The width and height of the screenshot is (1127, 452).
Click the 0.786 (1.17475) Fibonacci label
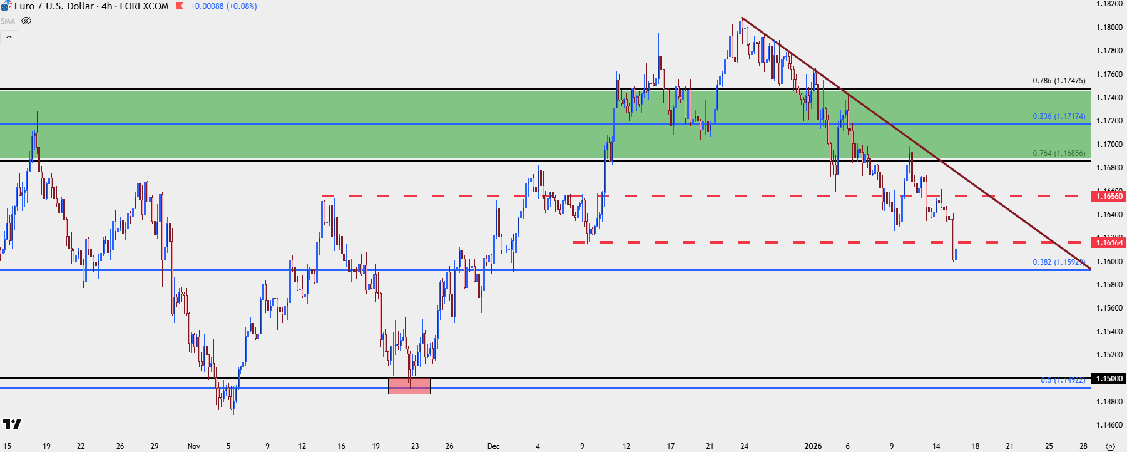coord(1059,81)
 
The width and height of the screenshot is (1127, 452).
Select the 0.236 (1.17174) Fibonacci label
coord(1059,116)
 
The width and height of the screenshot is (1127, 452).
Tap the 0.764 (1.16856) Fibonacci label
coord(1059,153)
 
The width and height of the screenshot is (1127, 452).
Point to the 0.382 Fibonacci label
coord(1059,262)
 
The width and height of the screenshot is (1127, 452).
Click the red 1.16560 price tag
coord(1109,197)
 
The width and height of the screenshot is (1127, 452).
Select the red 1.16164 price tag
coord(1109,243)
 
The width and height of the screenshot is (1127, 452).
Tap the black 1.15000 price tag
coord(1109,379)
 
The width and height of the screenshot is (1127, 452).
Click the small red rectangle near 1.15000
coord(409,386)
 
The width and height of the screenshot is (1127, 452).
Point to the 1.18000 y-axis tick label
coord(1109,28)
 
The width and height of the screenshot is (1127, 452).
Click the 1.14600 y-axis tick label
coord(1109,425)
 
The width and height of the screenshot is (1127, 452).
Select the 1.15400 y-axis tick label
coord(1109,332)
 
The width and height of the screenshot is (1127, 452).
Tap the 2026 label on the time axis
coord(813,446)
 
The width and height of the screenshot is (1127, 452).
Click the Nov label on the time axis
coord(194,446)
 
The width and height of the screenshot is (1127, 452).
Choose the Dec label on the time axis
coord(494,446)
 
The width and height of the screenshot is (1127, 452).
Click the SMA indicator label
coord(8,21)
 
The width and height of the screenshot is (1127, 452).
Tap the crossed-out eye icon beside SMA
coord(26,21)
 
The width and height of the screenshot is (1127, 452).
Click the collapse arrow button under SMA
coord(9,37)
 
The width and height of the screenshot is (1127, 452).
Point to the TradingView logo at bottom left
coord(11,424)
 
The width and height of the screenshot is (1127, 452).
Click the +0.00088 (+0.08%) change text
coord(223,6)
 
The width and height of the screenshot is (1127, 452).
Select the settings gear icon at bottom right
coord(1110,446)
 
